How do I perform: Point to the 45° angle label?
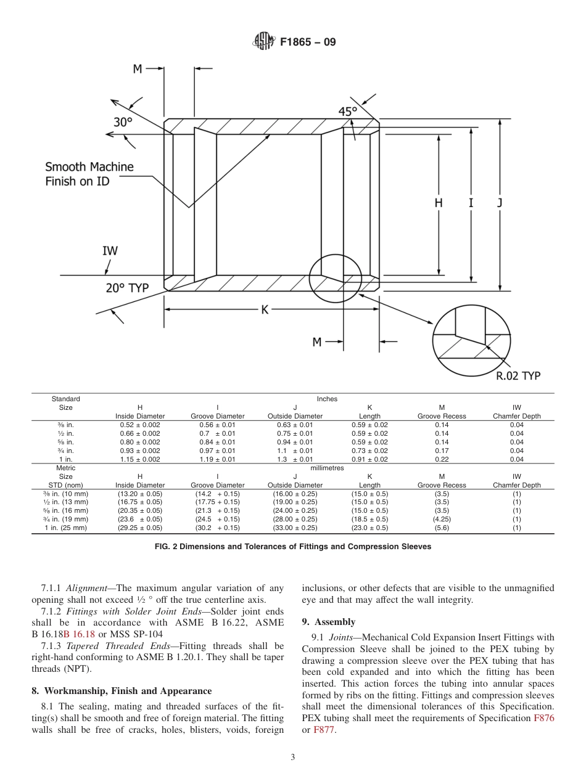[348, 112]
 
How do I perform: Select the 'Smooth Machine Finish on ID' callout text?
[89, 174]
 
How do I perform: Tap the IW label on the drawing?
[110, 251]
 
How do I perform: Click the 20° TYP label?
[128, 288]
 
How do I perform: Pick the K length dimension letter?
[265, 310]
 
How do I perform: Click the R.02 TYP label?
[518, 376]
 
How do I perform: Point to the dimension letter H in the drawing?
[438, 202]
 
